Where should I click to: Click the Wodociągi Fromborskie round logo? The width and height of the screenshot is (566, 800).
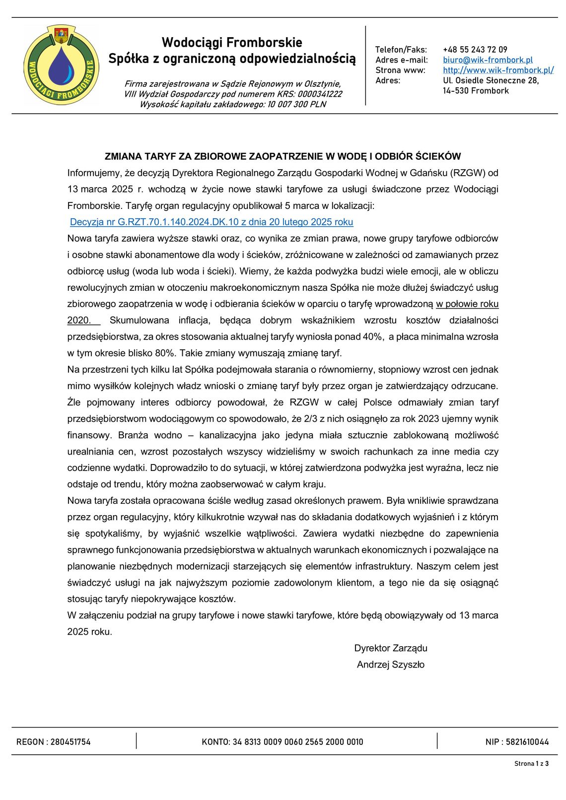(x=61, y=65)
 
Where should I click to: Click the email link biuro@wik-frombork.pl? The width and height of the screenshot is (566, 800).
(x=488, y=60)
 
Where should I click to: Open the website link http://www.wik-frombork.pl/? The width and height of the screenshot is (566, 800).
(x=498, y=70)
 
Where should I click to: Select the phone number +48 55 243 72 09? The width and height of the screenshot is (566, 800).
(x=475, y=50)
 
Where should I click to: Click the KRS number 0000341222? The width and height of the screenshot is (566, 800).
(x=320, y=94)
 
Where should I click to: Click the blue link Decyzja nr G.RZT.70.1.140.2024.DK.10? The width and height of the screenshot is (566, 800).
(x=212, y=222)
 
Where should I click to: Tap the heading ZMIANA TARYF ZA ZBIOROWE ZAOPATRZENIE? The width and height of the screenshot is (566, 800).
(x=283, y=156)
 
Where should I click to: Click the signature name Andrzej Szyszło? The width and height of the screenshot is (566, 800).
(x=391, y=665)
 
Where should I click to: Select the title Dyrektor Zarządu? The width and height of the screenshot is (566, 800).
(x=391, y=648)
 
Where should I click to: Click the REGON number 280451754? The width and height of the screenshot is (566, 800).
(x=71, y=742)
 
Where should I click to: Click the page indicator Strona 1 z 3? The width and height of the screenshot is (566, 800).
(x=531, y=764)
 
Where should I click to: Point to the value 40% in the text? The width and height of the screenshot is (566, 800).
(x=372, y=336)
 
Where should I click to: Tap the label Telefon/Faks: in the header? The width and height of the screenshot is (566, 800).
(x=401, y=50)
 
